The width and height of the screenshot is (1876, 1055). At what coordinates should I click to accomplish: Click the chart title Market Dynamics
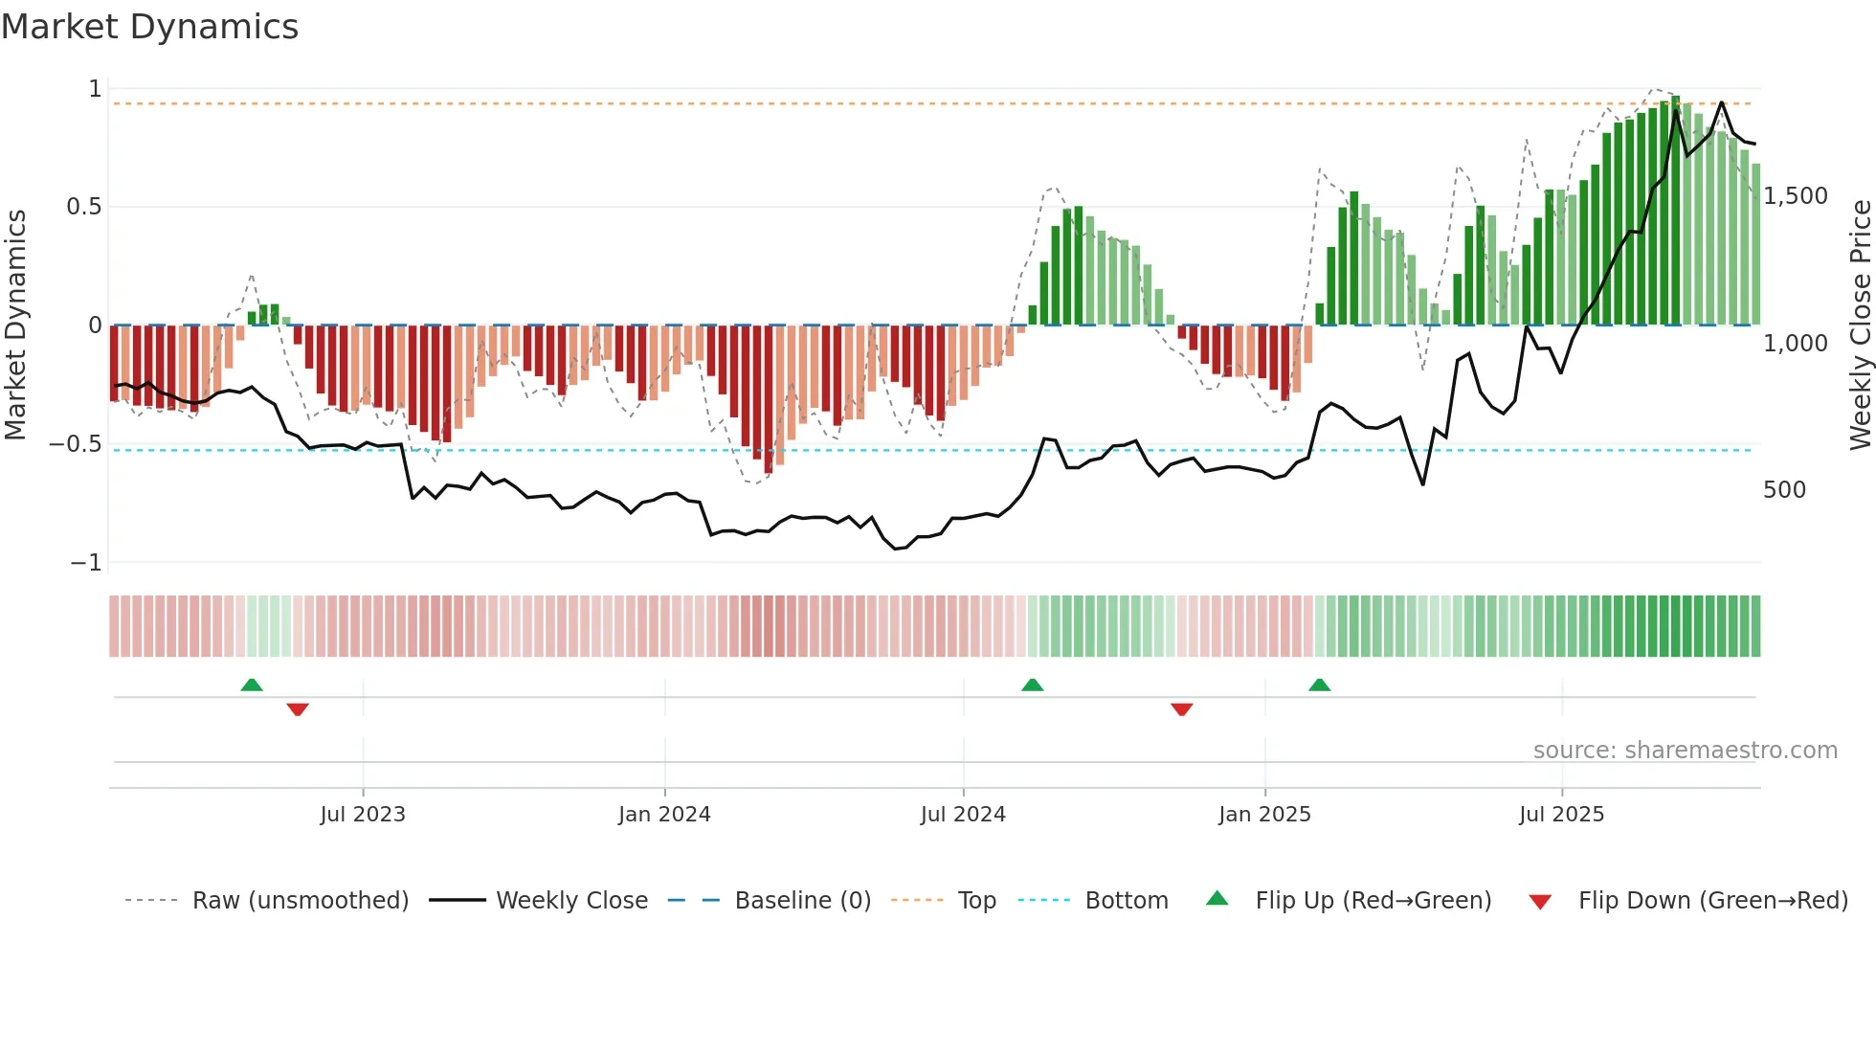149,27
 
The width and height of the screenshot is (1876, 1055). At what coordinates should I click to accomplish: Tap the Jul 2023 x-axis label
363,815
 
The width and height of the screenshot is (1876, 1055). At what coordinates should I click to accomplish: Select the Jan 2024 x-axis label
664,815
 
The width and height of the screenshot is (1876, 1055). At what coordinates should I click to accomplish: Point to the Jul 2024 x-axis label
963,815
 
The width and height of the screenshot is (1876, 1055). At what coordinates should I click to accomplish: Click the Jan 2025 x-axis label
1264,815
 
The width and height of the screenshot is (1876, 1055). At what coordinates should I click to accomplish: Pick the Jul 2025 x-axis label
1561,815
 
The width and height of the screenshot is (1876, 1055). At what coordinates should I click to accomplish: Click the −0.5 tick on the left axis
75,444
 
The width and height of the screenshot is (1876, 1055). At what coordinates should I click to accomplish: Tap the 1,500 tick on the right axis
1796,196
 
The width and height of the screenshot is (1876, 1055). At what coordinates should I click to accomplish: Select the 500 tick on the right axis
1784,490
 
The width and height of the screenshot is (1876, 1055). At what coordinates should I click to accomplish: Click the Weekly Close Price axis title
1860,325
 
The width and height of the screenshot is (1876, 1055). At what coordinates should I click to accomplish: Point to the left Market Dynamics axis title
15,325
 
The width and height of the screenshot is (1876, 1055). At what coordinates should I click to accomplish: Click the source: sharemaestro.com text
1685,751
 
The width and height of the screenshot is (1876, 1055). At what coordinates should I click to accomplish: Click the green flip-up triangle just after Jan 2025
1319,685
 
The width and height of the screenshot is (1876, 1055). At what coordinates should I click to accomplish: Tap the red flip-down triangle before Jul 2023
298,708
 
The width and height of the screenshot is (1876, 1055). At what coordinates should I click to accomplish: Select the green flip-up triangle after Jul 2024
1032,685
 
